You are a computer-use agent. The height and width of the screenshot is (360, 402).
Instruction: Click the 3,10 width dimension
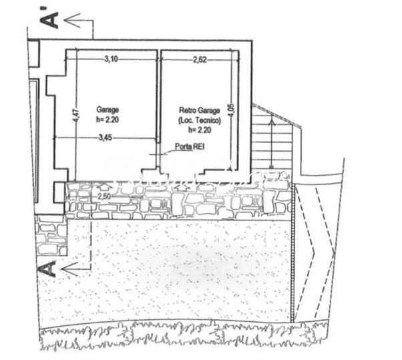[x=111, y=59]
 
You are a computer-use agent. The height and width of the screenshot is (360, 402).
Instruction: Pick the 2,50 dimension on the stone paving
[x=104, y=196]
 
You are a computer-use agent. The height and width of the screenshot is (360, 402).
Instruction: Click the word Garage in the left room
[x=108, y=109]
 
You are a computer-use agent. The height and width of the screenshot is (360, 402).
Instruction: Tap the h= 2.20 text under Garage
[x=107, y=120]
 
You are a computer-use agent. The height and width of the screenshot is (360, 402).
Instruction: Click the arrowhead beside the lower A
[x=67, y=270]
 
